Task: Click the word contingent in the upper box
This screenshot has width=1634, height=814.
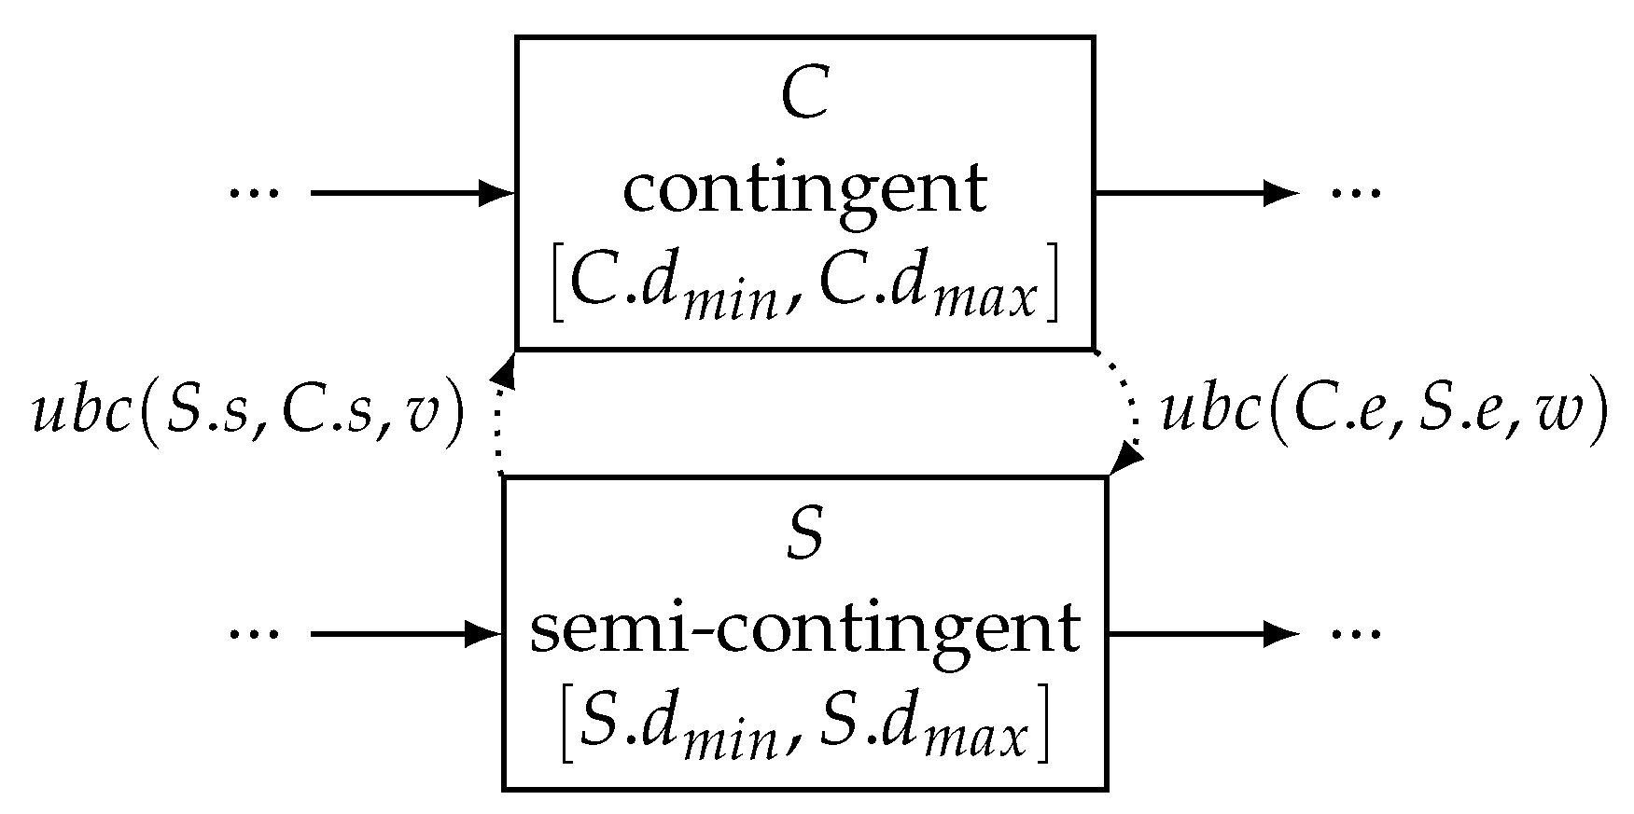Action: click(x=804, y=191)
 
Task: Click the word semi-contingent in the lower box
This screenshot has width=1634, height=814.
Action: click(x=804, y=631)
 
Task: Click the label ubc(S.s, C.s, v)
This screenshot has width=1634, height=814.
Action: click(x=248, y=410)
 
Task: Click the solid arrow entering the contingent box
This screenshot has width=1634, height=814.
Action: click(x=411, y=194)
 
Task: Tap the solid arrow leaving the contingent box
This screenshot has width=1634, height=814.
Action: click(x=1194, y=194)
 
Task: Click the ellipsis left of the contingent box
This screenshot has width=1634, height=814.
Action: click(x=254, y=194)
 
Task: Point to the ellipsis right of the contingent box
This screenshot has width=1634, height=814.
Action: click(x=1355, y=194)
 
